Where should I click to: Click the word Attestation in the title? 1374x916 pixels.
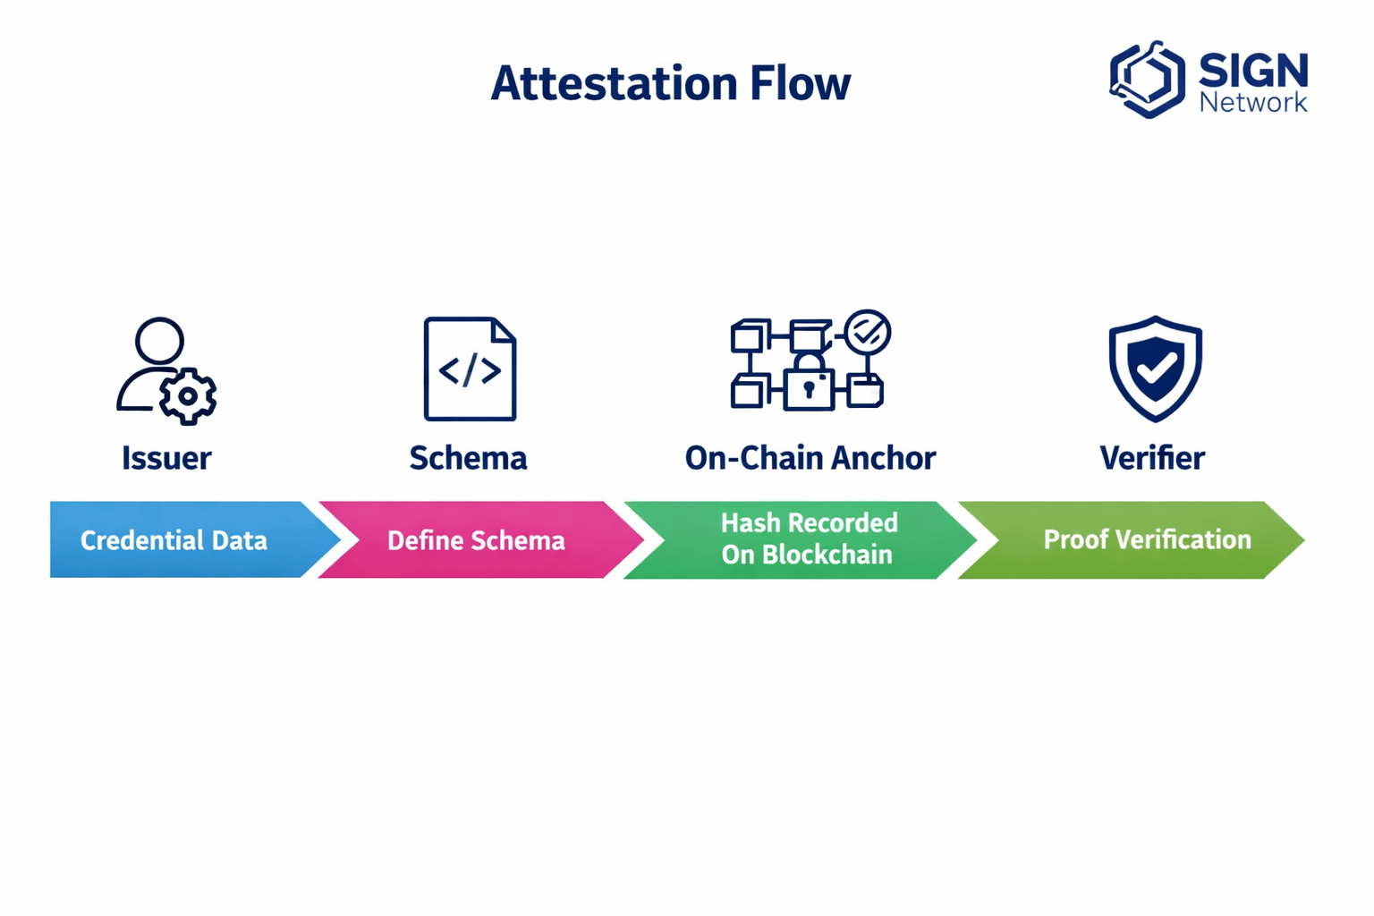click(x=614, y=83)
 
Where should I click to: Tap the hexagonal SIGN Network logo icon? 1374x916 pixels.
click(x=1147, y=79)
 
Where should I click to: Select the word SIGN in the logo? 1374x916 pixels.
click(x=1253, y=70)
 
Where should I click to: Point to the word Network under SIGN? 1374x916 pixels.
click(x=1253, y=102)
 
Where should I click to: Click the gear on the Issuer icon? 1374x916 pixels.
click(x=188, y=396)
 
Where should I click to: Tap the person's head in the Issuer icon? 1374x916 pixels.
click(x=159, y=341)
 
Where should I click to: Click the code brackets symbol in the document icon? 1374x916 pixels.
click(x=470, y=370)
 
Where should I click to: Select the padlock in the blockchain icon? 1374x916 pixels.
click(x=809, y=381)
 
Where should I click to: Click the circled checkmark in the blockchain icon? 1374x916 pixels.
click(x=868, y=332)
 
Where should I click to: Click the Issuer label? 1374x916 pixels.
click(x=166, y=458)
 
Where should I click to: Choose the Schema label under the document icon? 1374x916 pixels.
click(x=468, y=458)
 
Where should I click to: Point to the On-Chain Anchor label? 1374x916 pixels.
click(x=810, y=458)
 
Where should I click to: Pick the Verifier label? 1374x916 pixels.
click(x=1152, y=458)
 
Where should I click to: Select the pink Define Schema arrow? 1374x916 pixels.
click(x=481, y=539)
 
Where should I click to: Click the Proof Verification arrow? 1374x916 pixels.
click(x=1132, y=539)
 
